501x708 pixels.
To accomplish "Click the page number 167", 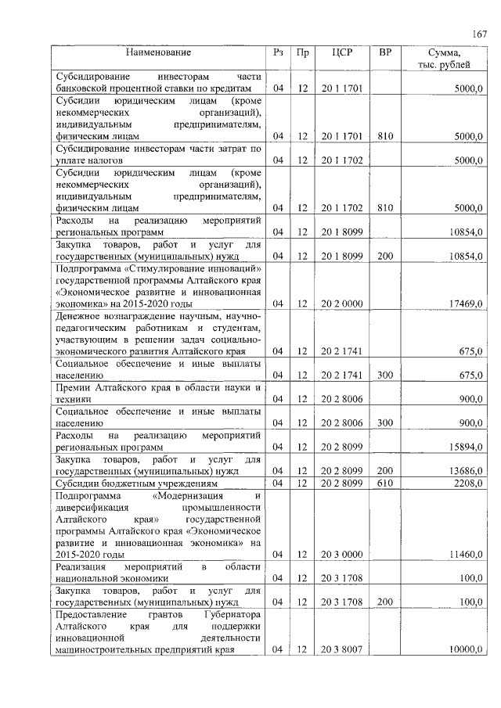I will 479,34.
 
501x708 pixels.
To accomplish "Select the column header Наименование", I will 160,52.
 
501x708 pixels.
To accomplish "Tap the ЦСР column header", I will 341,52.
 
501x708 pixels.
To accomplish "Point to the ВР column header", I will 384,52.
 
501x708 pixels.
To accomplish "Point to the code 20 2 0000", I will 341,303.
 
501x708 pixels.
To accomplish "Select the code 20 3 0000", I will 341,555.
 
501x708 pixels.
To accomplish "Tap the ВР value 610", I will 384,483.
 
